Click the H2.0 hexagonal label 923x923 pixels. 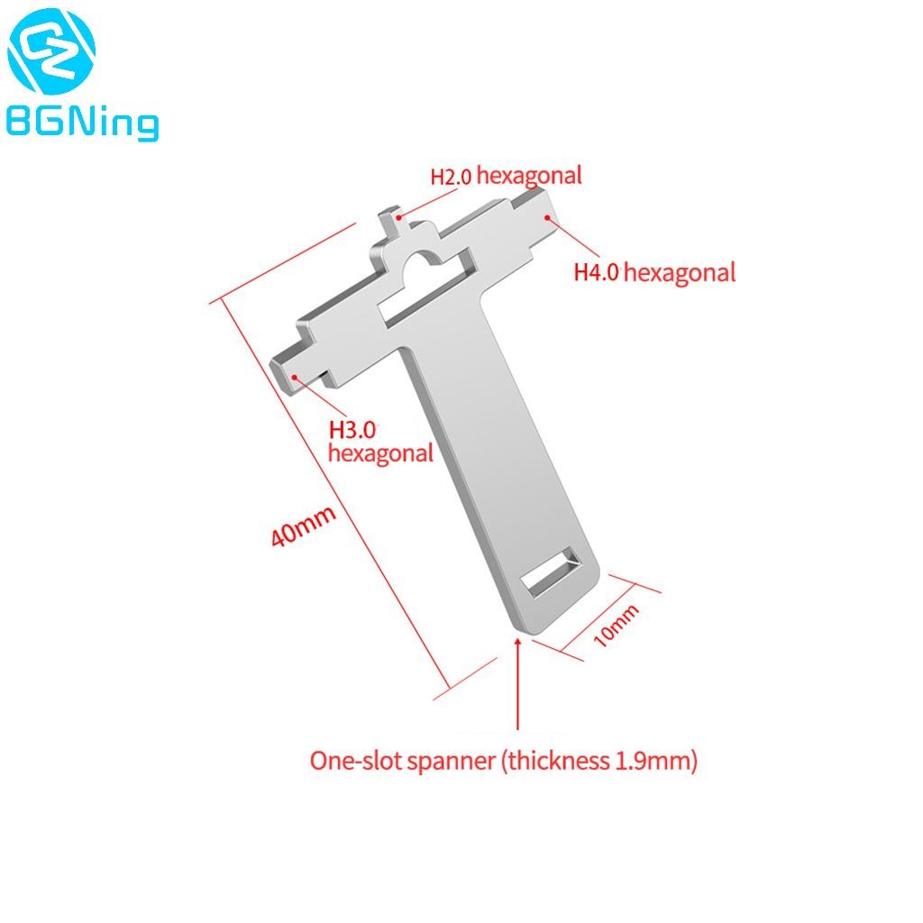coord(506,175)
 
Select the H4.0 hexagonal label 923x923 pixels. coord(654,271)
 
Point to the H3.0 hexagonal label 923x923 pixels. coord(379,442)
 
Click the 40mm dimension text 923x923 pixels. coord(304,527)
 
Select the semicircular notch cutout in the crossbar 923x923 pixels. coord(423,265)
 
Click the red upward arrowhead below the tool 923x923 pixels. coord(517,643)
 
